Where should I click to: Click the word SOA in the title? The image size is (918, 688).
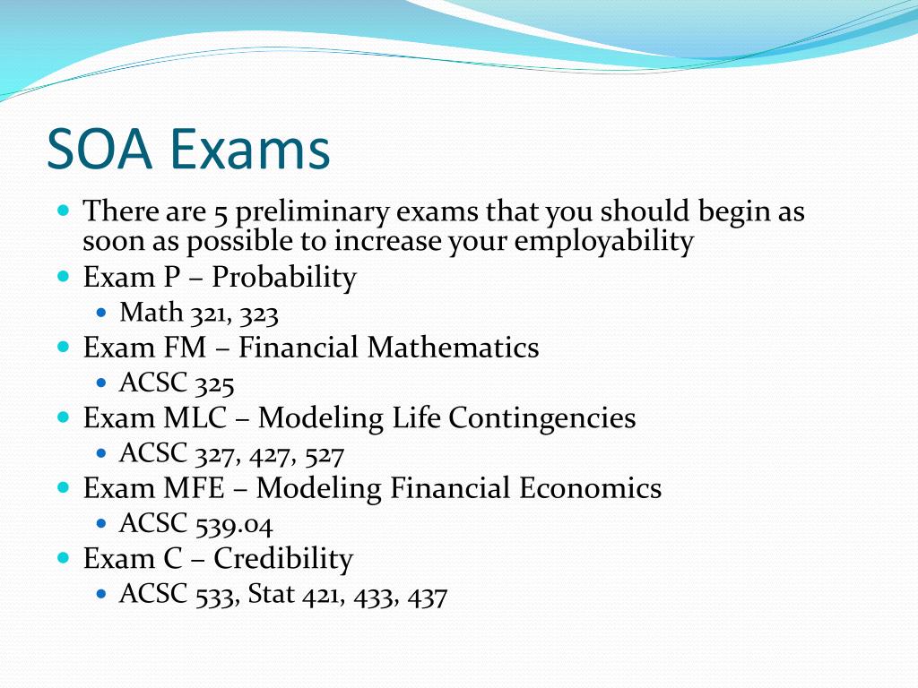(x=100, y=149)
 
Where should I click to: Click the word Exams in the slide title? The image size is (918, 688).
(x=251, y=149)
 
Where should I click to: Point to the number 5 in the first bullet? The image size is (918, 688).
(x=221, y=213)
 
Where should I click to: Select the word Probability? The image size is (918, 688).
(x=284, y=278)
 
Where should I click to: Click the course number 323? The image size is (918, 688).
(x=259, y=314)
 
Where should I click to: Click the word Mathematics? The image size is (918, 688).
(x=453, y=348)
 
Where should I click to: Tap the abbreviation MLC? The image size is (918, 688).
(x=195, y=417)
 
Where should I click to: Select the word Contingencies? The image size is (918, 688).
(x=542, y=419)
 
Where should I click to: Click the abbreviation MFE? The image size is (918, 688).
(x=195, y=488)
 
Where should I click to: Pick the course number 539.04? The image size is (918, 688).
(x=234, y=525)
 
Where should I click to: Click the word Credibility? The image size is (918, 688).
(x=283, y=558)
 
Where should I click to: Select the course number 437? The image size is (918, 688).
(x=428, y=596)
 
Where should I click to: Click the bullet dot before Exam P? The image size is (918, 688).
(x=64, y=276)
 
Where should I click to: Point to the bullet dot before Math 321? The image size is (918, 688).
(x=102, y=313)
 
